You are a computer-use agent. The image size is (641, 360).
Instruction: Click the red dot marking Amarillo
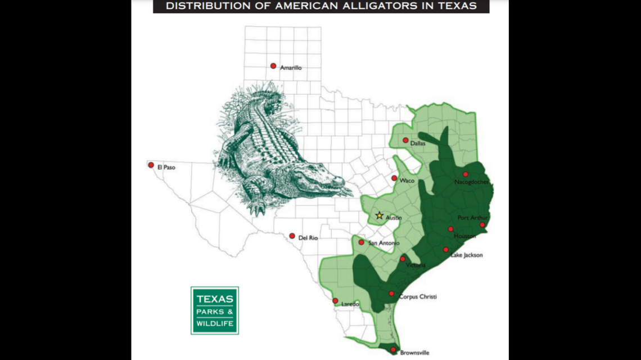[x=273, y=66]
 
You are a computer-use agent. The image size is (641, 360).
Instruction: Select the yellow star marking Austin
[x=379, y=215]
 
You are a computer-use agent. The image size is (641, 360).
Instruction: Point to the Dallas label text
[x=418, y=143]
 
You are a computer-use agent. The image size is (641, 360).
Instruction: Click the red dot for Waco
[x=394, y=178]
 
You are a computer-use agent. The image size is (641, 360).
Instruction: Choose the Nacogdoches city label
[x=471, y=182]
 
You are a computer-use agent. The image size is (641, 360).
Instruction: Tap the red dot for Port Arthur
[x=482, y=225]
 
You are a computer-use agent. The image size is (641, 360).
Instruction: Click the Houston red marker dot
[x=450, y=229]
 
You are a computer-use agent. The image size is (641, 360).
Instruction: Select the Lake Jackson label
[x=466, y=255]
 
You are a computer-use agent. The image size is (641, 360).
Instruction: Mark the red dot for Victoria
[x=403, y=259]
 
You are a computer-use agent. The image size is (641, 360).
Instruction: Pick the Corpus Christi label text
[x=417, y=296]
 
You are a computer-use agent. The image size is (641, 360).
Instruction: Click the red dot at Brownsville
[x=393, y=349]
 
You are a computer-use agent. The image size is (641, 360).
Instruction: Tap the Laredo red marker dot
[x=335, y=301]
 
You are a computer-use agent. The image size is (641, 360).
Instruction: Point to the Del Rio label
[x=308, y=238]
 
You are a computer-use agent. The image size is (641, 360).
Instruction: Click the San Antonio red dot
[x=361, y=242]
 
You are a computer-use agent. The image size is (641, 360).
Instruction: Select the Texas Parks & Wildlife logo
[x=214, y=310]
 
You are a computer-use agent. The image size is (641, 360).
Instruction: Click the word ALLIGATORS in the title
[x=363, y=6]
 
